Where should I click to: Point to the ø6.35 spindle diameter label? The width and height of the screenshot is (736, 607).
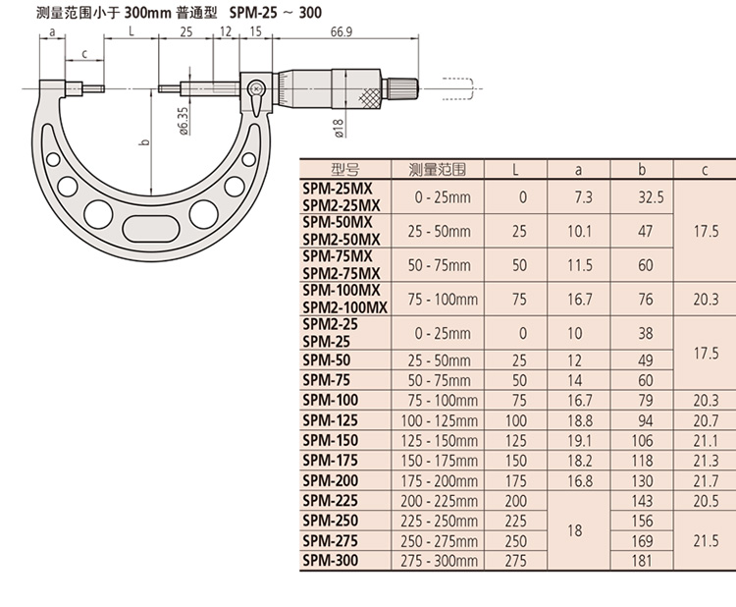(x=184, y=125)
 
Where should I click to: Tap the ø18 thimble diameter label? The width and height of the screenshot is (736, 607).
(x=337, y=126)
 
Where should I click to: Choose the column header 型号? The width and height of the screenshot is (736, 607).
(x=344, y=169)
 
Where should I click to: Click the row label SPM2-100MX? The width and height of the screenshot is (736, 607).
(x=344, y=307)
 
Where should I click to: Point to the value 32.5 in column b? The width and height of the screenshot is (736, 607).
(x=652, y=197)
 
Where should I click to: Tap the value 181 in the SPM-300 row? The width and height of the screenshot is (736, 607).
(x=645, y=561)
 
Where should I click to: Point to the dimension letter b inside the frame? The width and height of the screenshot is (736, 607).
(x=143, y=143)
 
